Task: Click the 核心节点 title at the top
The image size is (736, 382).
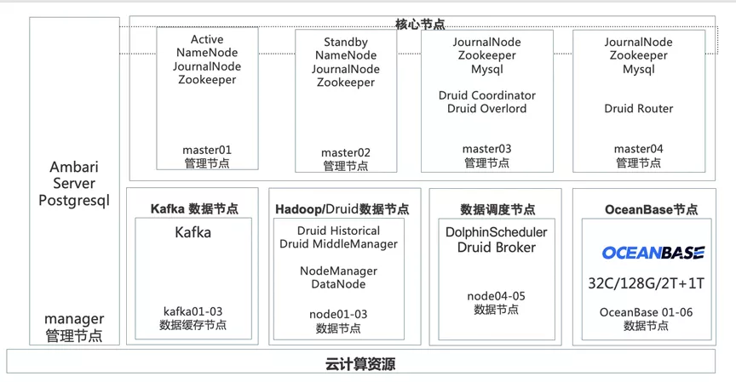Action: [420, 24]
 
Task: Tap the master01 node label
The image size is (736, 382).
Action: [207, 150]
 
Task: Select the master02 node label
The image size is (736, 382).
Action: [346, 153]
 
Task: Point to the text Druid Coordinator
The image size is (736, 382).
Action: [486, 95]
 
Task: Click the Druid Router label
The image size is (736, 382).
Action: [638, 108]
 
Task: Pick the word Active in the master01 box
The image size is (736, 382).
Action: [207, 39]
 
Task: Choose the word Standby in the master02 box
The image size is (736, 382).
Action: [346, 43]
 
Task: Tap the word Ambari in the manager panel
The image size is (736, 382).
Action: [74, 167]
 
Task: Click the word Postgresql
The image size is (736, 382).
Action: [74, 201]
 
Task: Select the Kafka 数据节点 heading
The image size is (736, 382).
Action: [194, 208]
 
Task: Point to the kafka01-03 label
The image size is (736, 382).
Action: [193, 311]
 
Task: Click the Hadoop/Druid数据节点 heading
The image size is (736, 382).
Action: [342, 209]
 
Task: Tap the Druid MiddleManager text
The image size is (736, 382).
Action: [338, 243]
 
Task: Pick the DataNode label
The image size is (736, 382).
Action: [338, 284]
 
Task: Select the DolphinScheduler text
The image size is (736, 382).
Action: [496, 232]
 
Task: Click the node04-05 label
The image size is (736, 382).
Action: [496, 296]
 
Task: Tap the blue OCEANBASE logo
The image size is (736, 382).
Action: [653, 253]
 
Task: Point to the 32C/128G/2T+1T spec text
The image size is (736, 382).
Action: [646, 283]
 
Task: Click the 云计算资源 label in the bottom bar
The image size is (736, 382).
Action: [360, 364]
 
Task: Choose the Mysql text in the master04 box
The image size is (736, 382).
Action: [638, 70]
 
